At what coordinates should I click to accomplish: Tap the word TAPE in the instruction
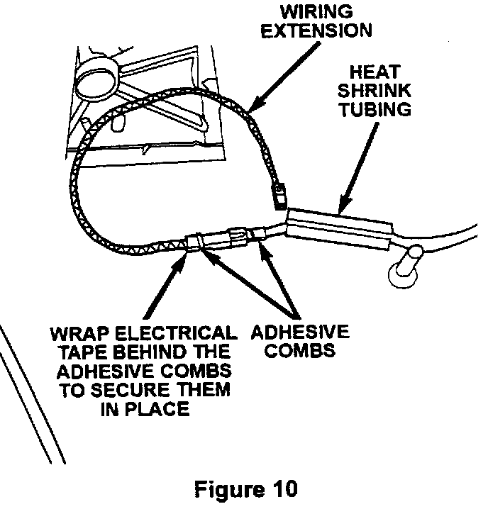(74, 351)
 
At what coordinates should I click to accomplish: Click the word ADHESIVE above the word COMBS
(299, 332)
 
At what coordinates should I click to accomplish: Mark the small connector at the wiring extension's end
(279, 194)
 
